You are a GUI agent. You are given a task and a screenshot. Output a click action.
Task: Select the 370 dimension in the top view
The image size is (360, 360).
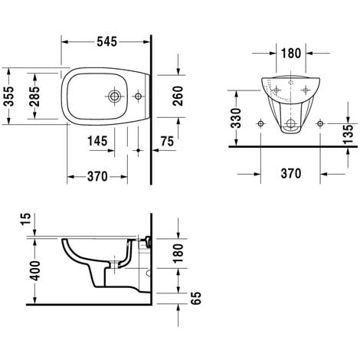(96, 176)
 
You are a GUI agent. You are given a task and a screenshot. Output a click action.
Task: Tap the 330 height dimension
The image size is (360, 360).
(238, 117)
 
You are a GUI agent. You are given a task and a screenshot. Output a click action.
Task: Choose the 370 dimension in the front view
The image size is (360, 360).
(289, 175)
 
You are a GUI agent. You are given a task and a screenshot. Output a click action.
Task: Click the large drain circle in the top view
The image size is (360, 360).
(115, 97)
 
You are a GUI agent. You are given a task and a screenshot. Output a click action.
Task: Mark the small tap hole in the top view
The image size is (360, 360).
(139, 97)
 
